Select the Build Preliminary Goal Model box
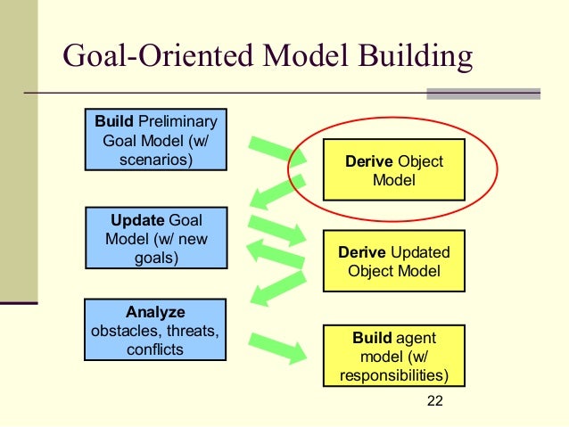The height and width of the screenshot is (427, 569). point(155,140)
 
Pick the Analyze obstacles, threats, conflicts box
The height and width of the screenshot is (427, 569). point(155,331)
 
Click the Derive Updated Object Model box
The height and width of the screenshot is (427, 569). point(393,261)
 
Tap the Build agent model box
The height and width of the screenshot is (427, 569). point(393,356)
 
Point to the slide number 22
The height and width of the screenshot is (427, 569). point(434,400)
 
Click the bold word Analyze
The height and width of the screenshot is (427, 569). point(155,312)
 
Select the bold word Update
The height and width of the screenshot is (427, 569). point(137,220)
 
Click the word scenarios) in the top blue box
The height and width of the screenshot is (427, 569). point(155,160)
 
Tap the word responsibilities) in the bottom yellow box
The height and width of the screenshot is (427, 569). point(393,374)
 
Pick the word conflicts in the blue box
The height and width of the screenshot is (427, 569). point(155,349)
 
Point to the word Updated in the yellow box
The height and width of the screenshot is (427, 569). point(420,252)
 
